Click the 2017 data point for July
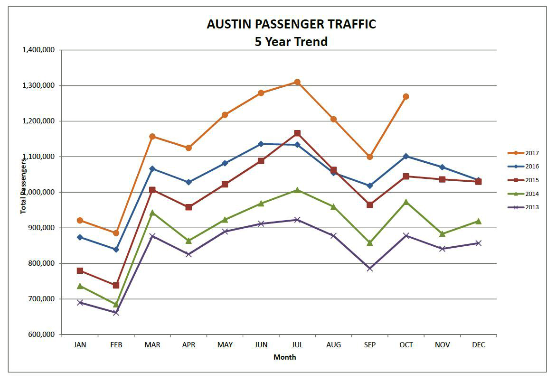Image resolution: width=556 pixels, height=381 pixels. [297, 82]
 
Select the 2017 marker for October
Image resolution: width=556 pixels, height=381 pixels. [406, 97]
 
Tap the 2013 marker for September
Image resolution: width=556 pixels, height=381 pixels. [370, 269]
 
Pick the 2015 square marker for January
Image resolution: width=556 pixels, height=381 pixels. [80, 271]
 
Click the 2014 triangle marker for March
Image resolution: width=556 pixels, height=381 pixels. [152, 213]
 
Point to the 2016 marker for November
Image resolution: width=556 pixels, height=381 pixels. [442, 167]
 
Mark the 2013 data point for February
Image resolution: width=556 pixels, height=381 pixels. [116, 312]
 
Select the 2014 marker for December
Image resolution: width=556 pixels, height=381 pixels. [478, 221]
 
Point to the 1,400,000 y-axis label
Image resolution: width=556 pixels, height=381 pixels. [38, 50]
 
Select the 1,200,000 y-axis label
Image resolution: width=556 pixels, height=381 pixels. [38, 121]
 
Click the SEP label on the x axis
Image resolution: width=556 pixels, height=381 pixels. [370, 345]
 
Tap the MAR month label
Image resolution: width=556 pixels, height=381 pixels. [152, 345]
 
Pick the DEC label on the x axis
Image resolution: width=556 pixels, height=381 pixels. [479, 345]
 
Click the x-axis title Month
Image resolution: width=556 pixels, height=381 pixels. [285, 357]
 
